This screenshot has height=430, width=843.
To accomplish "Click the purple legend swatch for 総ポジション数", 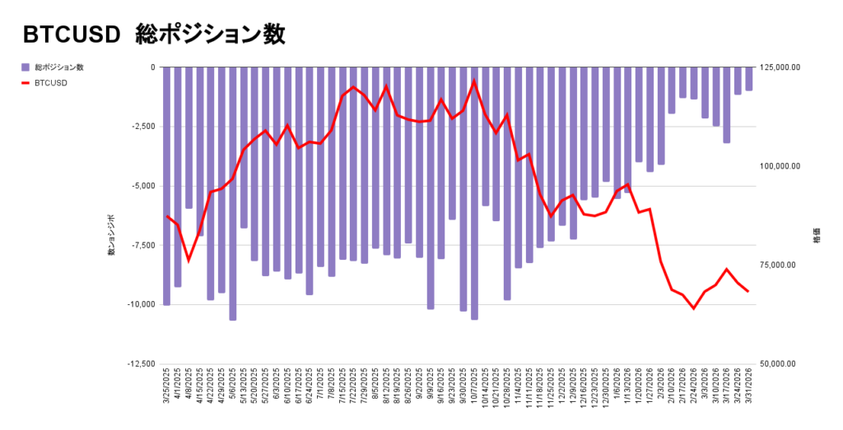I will (x=26, y=67).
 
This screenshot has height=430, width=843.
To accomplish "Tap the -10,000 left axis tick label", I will (x=139, y=304).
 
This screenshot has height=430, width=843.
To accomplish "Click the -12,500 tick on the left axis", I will (x=139, y=363).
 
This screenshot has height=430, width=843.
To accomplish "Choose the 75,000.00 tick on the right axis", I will (x=780, y=265).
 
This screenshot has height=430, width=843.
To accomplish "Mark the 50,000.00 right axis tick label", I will (x=780, y=363).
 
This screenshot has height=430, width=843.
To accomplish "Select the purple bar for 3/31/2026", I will (x=749, y=79).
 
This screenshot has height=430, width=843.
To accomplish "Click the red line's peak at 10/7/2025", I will (x=474, y=81).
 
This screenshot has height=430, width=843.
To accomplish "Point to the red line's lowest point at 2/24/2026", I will (x=694, y=308).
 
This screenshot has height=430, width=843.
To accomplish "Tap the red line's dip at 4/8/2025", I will (x=189, y=261).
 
